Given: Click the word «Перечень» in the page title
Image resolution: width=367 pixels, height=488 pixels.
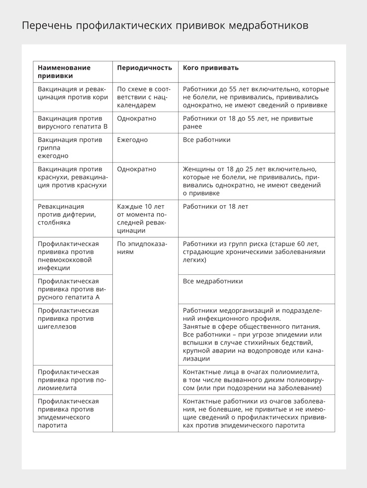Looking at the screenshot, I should click(47, 25).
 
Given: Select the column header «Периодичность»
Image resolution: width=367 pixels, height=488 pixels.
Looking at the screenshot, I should click(144, 68).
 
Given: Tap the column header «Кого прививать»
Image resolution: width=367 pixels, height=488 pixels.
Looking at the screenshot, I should click(211, 68).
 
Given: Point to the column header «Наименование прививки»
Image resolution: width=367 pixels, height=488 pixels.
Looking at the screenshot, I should click(64, 72).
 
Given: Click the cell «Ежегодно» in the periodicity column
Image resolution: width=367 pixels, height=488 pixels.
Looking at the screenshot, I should click(132, 140).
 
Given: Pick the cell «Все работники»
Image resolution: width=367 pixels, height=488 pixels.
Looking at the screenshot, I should click(206, 140).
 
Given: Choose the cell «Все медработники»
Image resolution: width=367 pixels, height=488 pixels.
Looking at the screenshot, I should click(213, 281).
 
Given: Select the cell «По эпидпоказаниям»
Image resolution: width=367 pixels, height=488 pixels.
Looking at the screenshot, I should click(142, 248).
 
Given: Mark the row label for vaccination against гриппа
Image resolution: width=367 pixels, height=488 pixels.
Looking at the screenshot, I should click(70, 148).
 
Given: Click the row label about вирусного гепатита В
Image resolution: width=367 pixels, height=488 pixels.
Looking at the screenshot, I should click(73, 122).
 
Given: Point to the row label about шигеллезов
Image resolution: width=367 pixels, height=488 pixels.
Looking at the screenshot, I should click(68, 319).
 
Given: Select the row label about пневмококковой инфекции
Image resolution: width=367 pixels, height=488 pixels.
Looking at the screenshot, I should click(68, 256).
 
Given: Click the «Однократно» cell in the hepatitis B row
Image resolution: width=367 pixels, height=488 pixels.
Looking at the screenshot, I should click(136, 119).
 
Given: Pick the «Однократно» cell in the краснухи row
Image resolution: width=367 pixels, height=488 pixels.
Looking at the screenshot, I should click(136, 169).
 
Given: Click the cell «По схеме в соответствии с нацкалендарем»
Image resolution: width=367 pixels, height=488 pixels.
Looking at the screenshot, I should click(144, 97).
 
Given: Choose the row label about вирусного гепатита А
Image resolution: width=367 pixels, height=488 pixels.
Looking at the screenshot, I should click(72, 289).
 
